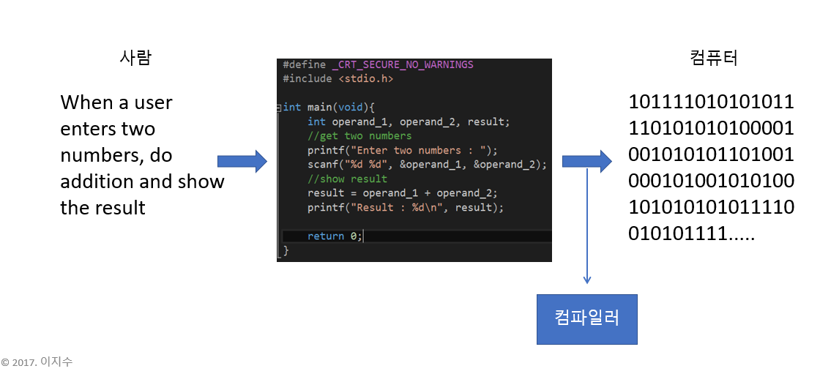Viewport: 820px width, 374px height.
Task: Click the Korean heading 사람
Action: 135,58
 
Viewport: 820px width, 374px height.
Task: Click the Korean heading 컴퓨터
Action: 713,58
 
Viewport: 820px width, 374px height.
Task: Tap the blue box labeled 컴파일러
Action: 587,319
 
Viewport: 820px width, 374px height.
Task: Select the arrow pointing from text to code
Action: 242,161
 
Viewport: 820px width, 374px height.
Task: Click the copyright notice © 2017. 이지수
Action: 37,362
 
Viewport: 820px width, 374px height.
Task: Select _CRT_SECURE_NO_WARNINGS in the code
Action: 402,64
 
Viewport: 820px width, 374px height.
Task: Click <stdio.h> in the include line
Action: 365,78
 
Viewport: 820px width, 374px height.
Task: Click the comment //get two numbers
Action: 359,135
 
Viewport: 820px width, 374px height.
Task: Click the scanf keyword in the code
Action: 322,165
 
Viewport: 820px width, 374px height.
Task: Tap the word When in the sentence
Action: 86,102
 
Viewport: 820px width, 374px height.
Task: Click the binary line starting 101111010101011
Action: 711,102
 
